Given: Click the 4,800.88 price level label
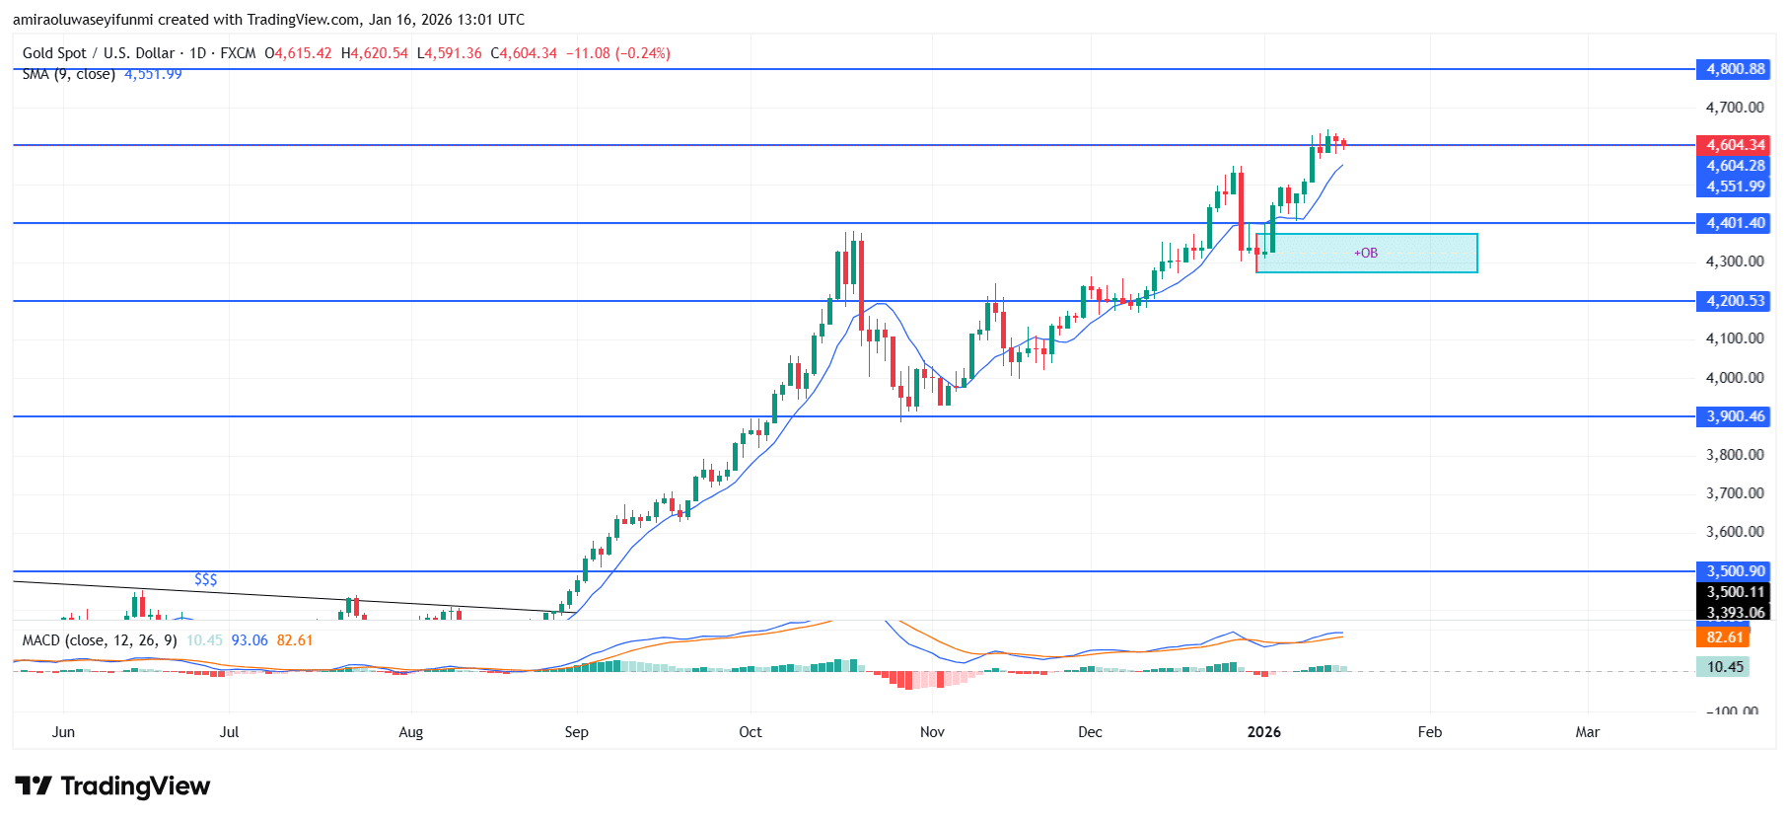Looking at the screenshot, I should [1735, 69].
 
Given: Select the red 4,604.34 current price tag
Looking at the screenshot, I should [1735, 145].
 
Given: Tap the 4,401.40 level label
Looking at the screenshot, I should [1735, 223].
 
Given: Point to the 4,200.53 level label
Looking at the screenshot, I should [1735, 301].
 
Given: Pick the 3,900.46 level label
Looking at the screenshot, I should [1735, 416].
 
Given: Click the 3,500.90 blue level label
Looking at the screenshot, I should [1735, 571].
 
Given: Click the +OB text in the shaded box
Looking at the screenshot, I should [1366, 254].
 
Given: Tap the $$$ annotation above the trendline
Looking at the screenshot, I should [205, 579].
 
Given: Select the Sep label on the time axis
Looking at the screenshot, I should [576, 732].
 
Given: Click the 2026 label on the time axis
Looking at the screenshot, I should [1263, 732].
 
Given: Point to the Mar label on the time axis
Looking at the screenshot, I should [1587, 732].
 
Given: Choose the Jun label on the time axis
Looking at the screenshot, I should [63, 732].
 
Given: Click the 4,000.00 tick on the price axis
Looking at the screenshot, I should [1735, 378].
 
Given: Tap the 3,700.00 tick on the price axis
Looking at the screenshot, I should [1735, 493].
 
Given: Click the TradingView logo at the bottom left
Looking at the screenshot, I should [112, 786].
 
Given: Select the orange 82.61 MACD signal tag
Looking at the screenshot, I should [1725, 637].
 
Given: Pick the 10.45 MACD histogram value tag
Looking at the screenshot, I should [1725, 667].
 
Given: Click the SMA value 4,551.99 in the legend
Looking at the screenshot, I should [153, 75].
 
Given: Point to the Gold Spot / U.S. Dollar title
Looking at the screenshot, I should [99, 53].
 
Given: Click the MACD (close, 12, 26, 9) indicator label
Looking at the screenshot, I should [100, 640].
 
